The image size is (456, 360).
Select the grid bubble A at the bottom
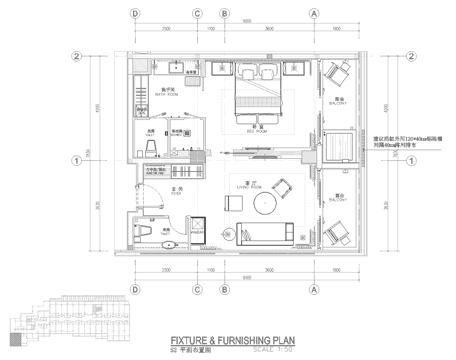tap(313, 289)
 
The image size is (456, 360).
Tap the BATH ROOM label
tap(172, 96)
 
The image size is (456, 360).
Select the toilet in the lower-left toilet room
tap(141, 232)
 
